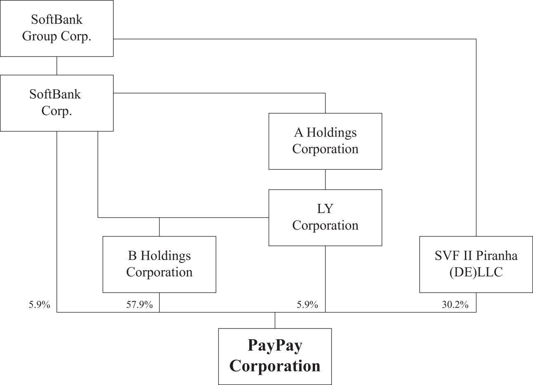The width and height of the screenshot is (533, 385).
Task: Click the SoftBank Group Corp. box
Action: (x=57, y=28)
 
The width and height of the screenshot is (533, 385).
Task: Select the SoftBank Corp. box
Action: (x=57, y=103)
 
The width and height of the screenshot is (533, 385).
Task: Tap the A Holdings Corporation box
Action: (x=325, y=141)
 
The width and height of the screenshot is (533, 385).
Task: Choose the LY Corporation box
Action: (x=325, y=218)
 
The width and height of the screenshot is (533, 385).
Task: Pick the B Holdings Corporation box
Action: (x=159, y=265)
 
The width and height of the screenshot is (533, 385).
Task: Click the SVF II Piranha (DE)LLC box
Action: (x=476, y=265)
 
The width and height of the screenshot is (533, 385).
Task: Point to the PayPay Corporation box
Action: (x=275, y=357)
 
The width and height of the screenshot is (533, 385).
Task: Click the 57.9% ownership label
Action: (x=139, y=305)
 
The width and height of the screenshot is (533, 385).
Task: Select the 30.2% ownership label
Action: (x=455, y=305)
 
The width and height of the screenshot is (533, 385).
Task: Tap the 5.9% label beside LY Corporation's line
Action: (x=307, y=305)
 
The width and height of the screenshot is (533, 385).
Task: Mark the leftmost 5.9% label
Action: (x=39, y=305)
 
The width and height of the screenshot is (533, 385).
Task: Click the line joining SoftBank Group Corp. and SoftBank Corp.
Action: (x=57, y=66)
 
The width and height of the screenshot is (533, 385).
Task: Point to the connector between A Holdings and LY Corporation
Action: (x=325, y=180)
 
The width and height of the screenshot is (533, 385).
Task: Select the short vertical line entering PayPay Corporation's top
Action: (x=275, y=320)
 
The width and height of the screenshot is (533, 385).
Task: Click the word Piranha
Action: (x=497, y=256)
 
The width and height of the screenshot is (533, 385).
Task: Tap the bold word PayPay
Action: (x=275, y=346)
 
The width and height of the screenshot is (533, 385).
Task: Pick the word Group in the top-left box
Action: (x=40, y=37)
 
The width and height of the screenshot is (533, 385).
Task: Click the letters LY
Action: (x=325, y=209)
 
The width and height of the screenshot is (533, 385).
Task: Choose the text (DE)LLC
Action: (x=476, y=272)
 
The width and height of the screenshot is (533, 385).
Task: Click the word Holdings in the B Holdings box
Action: (x=165, y=256)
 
